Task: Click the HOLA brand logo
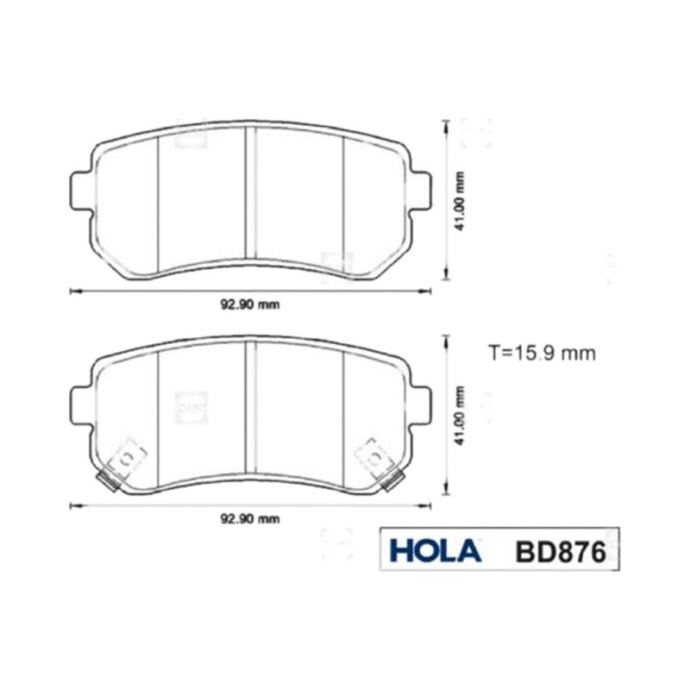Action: pyautogui.click(x=435, y=550)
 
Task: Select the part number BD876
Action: pyautogui.click(x=561, y=552)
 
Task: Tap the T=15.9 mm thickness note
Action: pyautogui.click(x=543, y=353)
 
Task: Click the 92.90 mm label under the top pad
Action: pyautogui.click(x=249, y=304)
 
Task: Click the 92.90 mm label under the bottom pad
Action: pyautogui.click(x=249, y=519)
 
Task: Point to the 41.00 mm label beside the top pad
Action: pyautogui.click(x=461, y=202)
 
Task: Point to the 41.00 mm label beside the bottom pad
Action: pyautogui.click(x=461, y=416)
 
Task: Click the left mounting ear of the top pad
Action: pyautogui.click(x=82, y=192)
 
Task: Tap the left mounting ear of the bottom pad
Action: pyautogui.click(x=82, y=407)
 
